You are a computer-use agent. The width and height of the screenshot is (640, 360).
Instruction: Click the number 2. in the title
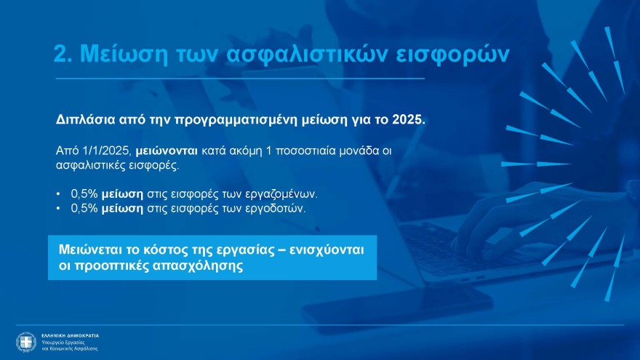(63, 55)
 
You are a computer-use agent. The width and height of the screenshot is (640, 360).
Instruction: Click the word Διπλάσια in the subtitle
(79, 119)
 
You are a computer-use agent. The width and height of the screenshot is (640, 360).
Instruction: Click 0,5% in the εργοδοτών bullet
(83, 208)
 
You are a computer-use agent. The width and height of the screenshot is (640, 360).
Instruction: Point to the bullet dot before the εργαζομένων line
(58, 195)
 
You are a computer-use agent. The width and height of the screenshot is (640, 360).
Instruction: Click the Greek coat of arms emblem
(26, 341)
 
